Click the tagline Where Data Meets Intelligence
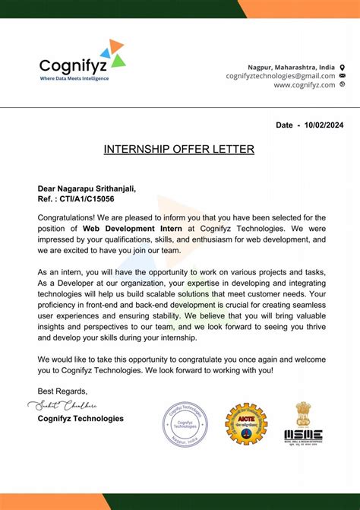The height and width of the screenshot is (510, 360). pos(74,78)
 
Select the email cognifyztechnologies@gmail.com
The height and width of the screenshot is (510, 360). pos(280,76)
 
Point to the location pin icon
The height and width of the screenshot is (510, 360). pos(342,67)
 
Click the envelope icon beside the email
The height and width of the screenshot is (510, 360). pos(342,76)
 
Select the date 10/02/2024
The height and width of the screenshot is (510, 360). pos(325,123)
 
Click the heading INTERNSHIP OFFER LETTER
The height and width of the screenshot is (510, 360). pos(179,149)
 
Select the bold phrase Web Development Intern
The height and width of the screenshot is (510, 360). pos(131,228)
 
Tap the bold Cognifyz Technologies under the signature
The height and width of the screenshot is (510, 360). pos(81,418)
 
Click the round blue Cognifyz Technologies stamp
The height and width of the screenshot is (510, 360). pos(184,424)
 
